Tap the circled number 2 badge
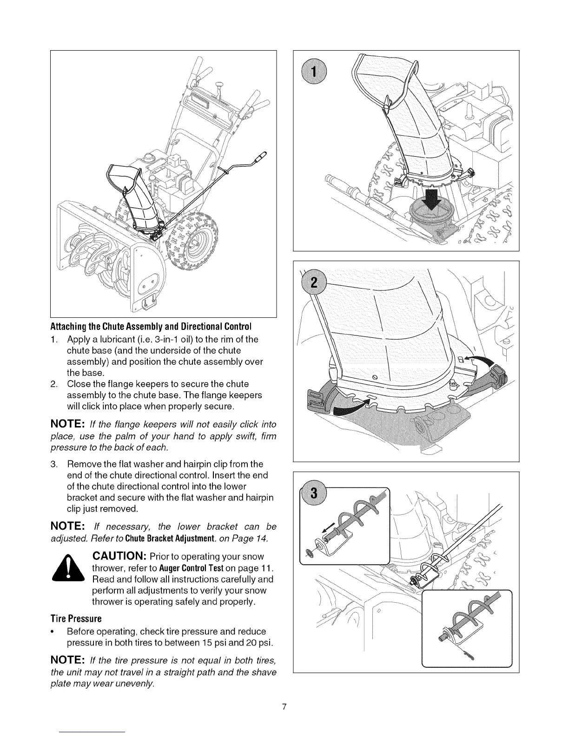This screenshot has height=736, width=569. click(x=314, y=283)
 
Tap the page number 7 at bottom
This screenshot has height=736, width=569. click(x=284, y=707)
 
